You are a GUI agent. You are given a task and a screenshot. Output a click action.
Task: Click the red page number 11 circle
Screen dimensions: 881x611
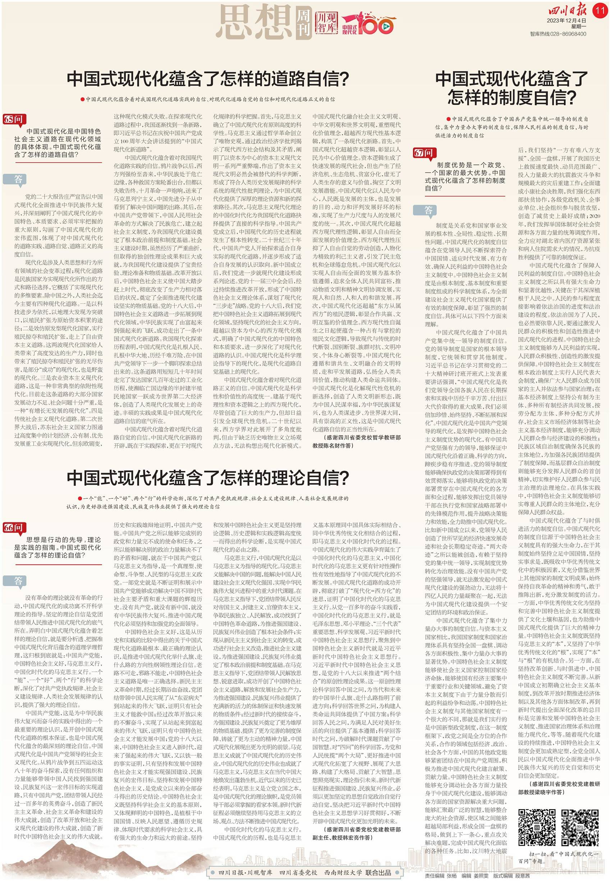tap(600, 10)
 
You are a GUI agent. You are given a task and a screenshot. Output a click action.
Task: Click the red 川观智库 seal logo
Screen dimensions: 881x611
tap(326, 23)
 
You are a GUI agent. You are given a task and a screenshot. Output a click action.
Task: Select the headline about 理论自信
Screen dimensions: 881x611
tap(207, 477)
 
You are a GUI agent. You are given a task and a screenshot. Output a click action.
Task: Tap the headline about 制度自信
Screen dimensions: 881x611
tap(511, 88)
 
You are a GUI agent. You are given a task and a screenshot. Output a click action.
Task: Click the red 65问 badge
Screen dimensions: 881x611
tap(13, 119)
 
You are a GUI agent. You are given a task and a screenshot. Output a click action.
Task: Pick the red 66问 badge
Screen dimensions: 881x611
tap(13, 528)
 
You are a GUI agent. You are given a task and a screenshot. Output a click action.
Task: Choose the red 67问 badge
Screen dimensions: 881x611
tap(423, 153)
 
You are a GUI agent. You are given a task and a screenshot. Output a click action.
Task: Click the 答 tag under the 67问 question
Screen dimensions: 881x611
tap(428, 210)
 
